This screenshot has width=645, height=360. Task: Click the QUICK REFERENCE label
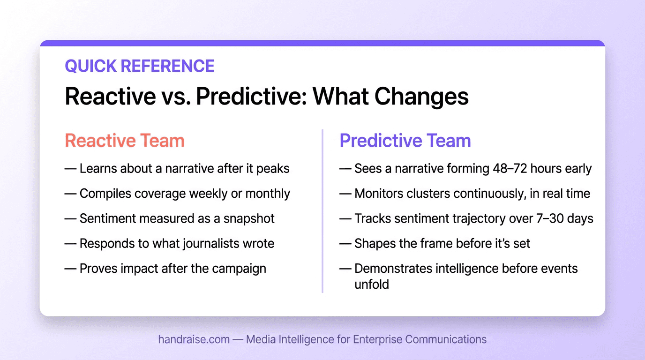coord(139,66)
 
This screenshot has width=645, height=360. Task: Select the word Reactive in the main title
coord(110,96)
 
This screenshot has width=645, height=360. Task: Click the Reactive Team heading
coord(124,141)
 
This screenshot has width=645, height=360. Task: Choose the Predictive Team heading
coord(405,141)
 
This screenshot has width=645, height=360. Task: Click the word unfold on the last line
coord(371,284)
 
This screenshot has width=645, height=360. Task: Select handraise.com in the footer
coord(194,339)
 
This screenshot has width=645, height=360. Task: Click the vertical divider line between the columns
coord(322,211)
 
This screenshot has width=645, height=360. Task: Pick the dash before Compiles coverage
coord(70,194)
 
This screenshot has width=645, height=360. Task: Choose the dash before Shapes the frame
coord(345,244)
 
